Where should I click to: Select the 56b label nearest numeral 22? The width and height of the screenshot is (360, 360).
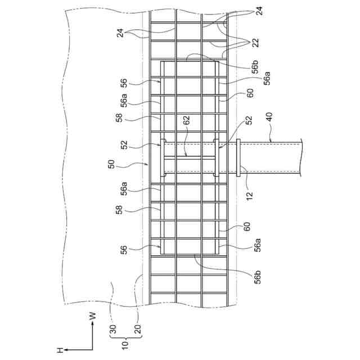coord(255,69)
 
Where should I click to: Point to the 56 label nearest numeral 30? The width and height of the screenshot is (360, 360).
coord(123,249)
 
